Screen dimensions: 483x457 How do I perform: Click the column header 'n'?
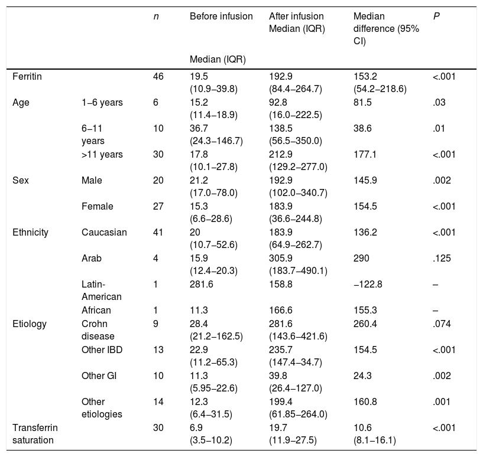(156, 17)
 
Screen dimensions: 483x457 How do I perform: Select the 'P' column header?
(436, 16)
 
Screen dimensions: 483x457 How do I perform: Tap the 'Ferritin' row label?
(27, 76)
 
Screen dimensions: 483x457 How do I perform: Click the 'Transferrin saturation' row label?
(35, 434)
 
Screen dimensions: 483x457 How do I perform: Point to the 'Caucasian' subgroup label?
(104, 232)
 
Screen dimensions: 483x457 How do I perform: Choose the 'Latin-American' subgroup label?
(101, 290)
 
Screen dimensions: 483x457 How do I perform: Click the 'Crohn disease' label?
(98, 330)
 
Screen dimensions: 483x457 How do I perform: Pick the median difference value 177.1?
(365, 154)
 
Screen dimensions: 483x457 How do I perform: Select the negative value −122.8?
(368, 284)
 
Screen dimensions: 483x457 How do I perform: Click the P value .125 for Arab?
(442, 258)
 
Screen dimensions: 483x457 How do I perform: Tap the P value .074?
(442, 324)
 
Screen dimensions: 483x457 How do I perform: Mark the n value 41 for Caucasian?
(158, 232)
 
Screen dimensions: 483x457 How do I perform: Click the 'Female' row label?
(98, 206)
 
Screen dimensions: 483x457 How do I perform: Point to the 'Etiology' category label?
(30, 324)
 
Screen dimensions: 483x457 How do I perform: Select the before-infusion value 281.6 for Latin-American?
(202, 284)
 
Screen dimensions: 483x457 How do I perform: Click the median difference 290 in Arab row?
(361, 258)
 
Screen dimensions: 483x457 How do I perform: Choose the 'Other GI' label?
(99, 376)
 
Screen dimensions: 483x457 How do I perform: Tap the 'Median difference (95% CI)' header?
(386, 28)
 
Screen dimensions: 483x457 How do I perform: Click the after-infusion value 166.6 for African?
(281, 310)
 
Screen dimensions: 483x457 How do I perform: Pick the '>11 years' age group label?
(102, 154)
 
